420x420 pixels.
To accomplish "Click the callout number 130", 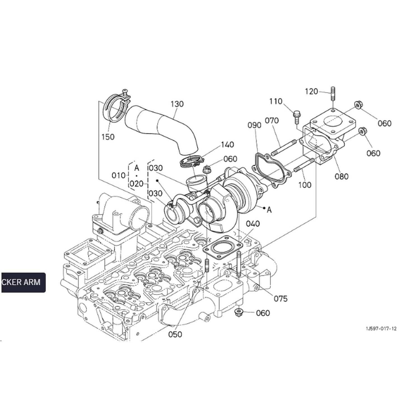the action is (x=177, y=104).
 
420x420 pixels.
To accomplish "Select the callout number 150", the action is (x=108, y=137).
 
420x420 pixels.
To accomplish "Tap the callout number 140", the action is (x=227, y=145).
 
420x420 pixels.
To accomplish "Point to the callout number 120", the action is (x=311, y=92).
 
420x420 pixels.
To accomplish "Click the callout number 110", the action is (x=276, y=101).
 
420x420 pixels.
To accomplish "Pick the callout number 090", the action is (x=254, y=125).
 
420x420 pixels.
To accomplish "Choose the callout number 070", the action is (x=272, y=120).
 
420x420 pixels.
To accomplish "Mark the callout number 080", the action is (x=342, y=176).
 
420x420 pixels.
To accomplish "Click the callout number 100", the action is (x=305, y=185).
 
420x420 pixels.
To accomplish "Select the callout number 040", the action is (x=253, y=224).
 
